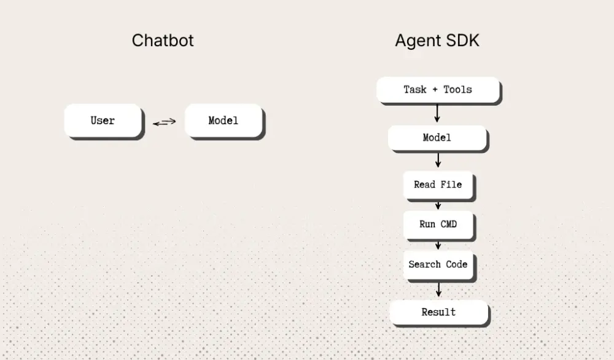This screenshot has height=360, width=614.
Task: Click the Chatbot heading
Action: pos(163,41)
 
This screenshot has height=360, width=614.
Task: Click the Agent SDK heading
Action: pos(437,41)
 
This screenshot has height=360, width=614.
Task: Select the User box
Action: pos(103,120)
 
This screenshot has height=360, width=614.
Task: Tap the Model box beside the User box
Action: pos(223,120)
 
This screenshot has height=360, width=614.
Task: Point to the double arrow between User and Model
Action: pos(165,122)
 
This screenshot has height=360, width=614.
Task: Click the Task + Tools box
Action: pos(438,90)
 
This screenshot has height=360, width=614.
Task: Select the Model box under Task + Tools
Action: pos(437,138)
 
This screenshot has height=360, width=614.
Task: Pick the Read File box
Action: pos(438,184)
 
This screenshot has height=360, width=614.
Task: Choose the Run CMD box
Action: pos(438,224)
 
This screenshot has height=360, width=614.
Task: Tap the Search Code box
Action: pos(438,265)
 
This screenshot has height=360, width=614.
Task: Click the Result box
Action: pos(438,312)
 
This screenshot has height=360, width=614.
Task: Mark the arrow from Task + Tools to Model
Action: pos(438,114)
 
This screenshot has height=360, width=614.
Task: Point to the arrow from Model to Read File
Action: pos(438,160)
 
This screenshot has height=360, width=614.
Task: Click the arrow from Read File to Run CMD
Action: pos(438,205)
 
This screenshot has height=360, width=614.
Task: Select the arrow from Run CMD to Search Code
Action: pos(438,245)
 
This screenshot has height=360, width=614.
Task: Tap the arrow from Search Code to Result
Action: pos(438,289)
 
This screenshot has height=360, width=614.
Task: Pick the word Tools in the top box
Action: pos(458,90)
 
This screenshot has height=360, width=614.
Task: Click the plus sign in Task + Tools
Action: pos(435,90)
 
